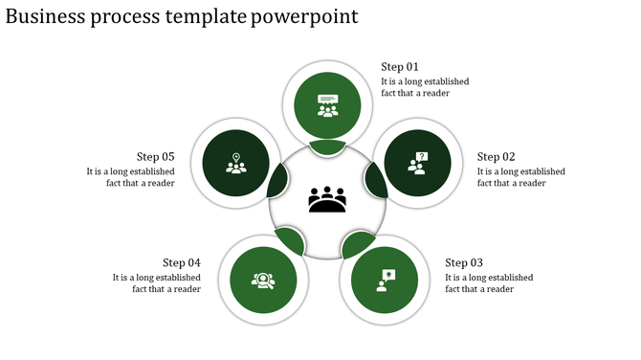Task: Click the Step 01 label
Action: pos(400,67)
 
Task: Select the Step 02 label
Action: pos(496,157)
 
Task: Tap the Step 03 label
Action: pos(464,263)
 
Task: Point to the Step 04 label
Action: pos(181,262)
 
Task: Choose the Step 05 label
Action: pos(155,157)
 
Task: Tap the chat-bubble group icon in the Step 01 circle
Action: pos(328,104)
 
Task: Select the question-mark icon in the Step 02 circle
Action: pos(418,163)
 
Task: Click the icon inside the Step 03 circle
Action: pos(385,281)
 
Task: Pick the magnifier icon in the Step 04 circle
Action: pos(262,281)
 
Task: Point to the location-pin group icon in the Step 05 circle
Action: pos(235,163)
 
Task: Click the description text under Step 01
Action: pos(425,87)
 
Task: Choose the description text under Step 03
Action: pos(489,283)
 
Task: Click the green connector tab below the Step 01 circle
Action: pos(328,146)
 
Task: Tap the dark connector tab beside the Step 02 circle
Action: pos(375,179)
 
